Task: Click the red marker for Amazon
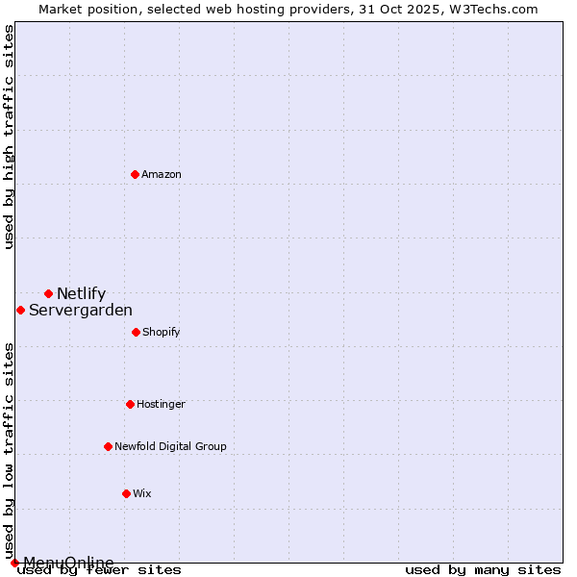point(135,174)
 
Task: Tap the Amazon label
point(162,174)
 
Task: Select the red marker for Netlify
point(48,293)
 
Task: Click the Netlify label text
point(81,294)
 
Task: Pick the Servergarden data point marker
point(20,310)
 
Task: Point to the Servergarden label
point(81,311)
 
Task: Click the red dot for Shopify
point(136,332)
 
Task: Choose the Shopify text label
point(162,333)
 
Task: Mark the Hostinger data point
point(130,404)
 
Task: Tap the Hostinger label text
point(161,405)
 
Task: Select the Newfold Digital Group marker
point(108,446)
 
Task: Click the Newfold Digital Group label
point(170,446)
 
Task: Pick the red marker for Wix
point(126,493)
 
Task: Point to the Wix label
point(142,494)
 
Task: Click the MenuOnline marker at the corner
point(14,563)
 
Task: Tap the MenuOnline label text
point(68,563)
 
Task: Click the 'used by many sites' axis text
point(483,570)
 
